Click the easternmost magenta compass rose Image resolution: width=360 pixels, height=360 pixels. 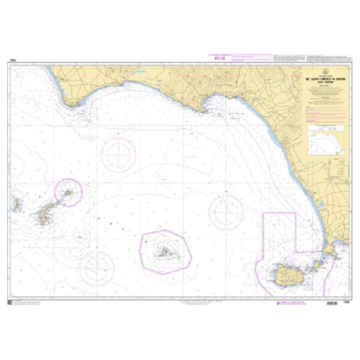coord(227,212)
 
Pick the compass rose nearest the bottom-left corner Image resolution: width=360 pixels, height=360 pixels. coord(97,268)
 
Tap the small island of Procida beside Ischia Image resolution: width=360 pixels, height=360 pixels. coord(313,263)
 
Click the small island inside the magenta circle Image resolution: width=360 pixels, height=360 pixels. coord(68,193)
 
